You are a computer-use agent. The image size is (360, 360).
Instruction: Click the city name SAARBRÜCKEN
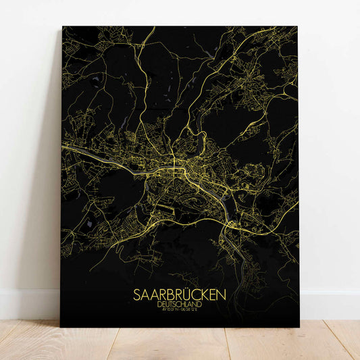coord(179,296)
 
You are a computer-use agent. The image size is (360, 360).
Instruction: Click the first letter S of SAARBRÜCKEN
coord(138,296)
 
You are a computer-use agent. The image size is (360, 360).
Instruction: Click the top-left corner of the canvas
coord(62,27)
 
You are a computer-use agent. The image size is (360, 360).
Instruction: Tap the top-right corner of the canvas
coord(298,27)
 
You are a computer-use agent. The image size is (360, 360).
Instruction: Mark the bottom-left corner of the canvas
coord(61,327)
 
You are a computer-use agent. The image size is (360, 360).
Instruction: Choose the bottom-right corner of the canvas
coord(299,327)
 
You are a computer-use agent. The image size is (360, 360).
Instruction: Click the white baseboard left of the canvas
coord(30,305)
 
